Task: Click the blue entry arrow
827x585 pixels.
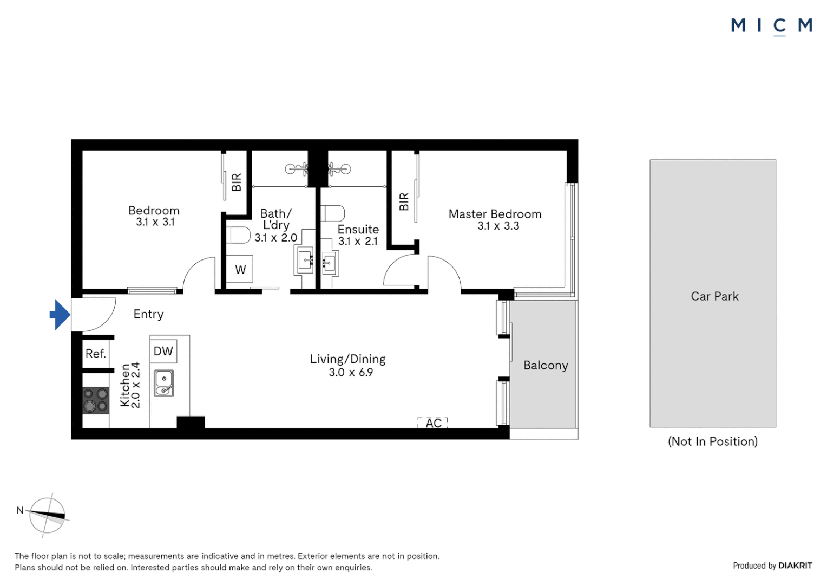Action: click(61, 315)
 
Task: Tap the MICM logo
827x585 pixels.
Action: click(771, 25)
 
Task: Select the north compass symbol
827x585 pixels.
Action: click(47, 515)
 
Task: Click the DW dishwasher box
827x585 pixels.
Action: click(163, 351)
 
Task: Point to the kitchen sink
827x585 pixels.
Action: click(164, 382)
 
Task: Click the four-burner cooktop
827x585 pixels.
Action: click(95, 400)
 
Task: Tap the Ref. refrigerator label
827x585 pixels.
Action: click(96, 354)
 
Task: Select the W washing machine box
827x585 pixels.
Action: click(240, 269)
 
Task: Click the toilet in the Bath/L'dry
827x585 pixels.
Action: click(238, 235)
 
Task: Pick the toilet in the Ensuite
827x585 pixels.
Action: click(332, 213)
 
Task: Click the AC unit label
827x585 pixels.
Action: click(433, 423)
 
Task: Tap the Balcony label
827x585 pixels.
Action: click(546, 366)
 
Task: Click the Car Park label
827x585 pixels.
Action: click(714, 296)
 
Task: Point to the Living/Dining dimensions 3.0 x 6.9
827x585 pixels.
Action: click(351, 373)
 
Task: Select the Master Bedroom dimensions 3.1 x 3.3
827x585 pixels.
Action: click(498, 226)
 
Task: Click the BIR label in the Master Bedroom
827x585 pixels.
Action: click(404, 201)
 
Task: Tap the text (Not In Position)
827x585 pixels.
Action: click(712, 441)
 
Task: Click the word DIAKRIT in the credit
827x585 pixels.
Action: click(795, 565)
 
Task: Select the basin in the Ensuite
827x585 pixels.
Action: click(329, 264)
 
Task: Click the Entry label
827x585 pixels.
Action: click(148, 314)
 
